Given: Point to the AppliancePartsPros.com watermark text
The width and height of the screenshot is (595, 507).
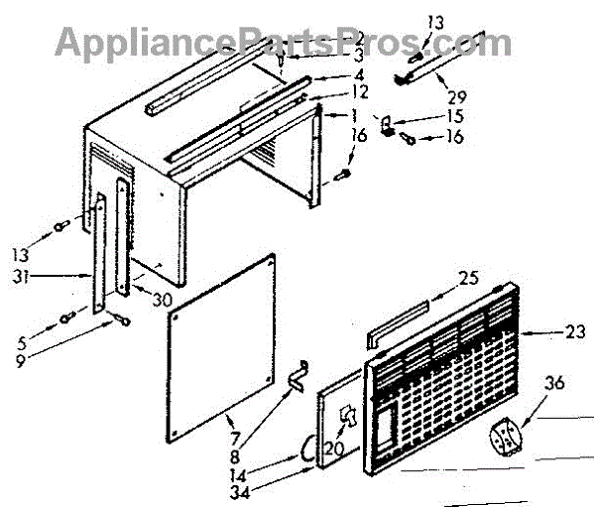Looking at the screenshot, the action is coord(283,42).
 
